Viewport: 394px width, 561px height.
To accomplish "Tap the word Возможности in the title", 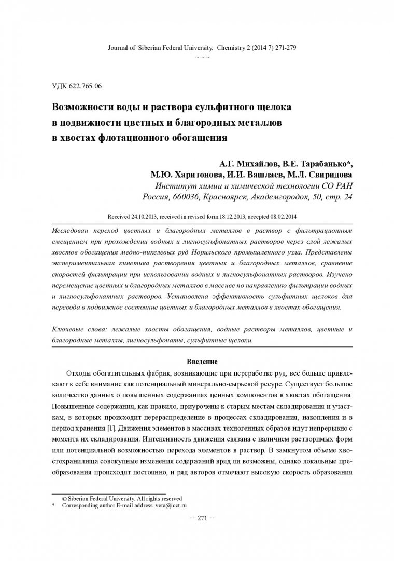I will (85, 108).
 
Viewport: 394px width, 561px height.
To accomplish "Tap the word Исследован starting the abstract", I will (74, 229).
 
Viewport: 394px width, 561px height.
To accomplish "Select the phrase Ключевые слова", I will (79, 330).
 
